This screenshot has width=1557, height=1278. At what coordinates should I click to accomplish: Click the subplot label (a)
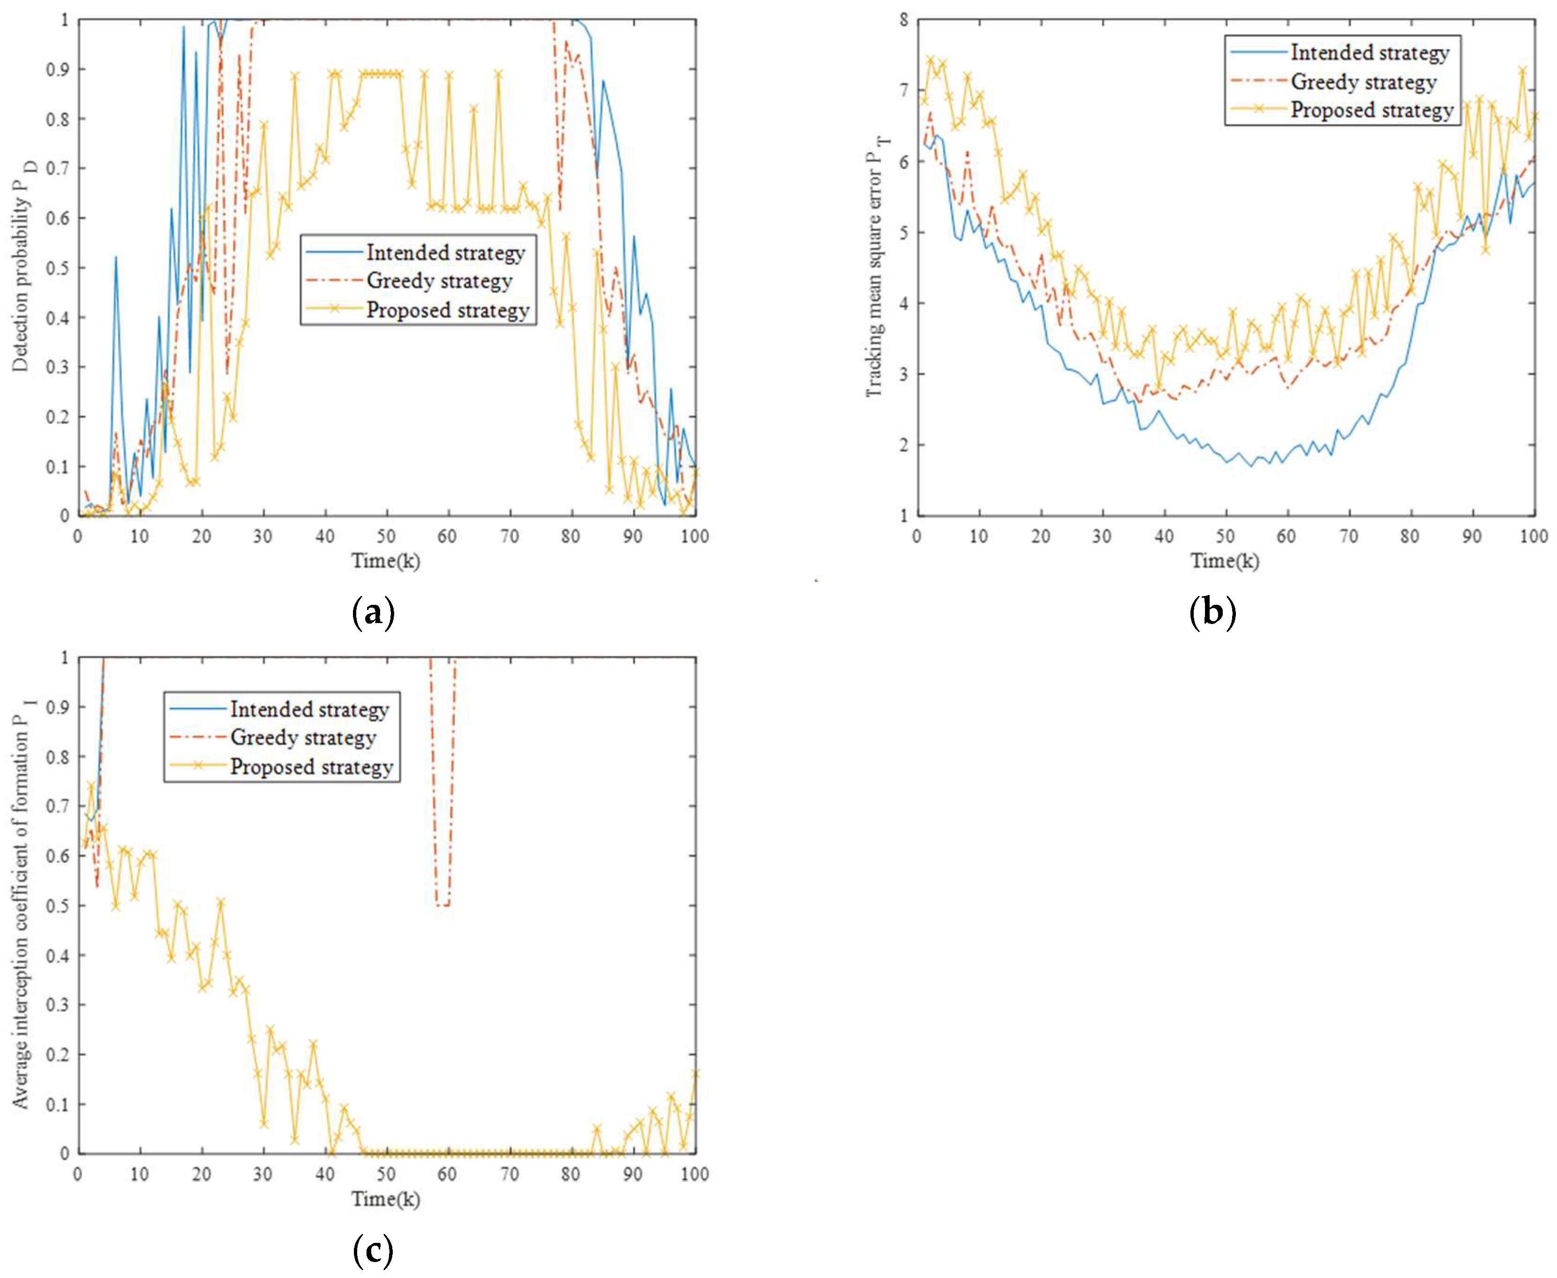coord(374,612)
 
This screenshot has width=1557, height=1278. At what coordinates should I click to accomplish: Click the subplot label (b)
coord(1212,612)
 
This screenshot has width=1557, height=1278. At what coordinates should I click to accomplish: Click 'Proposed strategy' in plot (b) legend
coord(1372,110)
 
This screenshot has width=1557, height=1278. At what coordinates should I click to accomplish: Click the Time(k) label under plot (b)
coord(1225,561)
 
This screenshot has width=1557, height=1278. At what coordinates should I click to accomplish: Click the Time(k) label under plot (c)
coord(386,1199)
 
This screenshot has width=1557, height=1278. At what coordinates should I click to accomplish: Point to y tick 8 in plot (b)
coord(903,20)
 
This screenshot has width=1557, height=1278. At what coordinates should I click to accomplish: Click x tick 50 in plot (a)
coord(386,536)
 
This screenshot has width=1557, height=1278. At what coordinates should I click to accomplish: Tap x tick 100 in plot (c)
coord(694,1174)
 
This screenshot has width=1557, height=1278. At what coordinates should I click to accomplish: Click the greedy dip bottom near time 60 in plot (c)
coord(442,905)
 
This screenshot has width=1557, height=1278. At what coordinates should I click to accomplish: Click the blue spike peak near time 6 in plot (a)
coord(116,257)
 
